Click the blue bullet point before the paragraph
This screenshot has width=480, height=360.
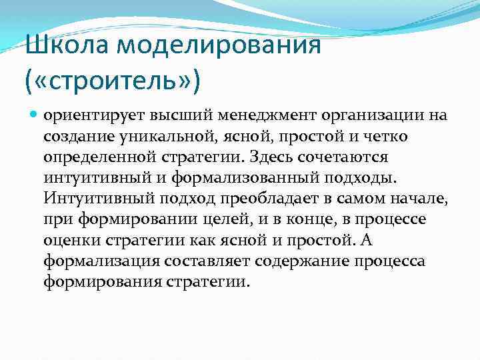click(35, 115)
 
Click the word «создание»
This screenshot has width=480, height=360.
click(75, 136)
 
